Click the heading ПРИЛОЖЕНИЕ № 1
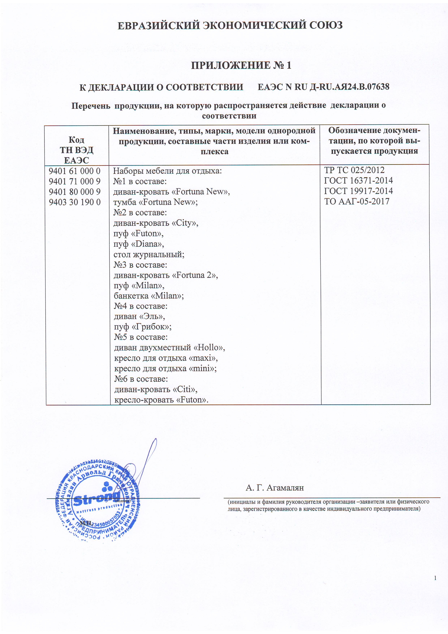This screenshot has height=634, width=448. tap(241, 65)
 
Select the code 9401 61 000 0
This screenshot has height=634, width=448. tap(75, 171)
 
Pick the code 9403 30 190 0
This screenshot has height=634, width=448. tap(75, 202)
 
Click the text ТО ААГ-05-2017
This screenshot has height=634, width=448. tap(356, 202)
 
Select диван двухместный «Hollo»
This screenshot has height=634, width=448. tap(169, 348)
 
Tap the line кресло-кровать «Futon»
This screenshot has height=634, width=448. tap(161, 400)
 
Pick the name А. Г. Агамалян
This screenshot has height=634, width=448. tap(274, 488)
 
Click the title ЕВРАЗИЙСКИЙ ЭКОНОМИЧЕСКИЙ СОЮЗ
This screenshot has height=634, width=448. tap(230, 25)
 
